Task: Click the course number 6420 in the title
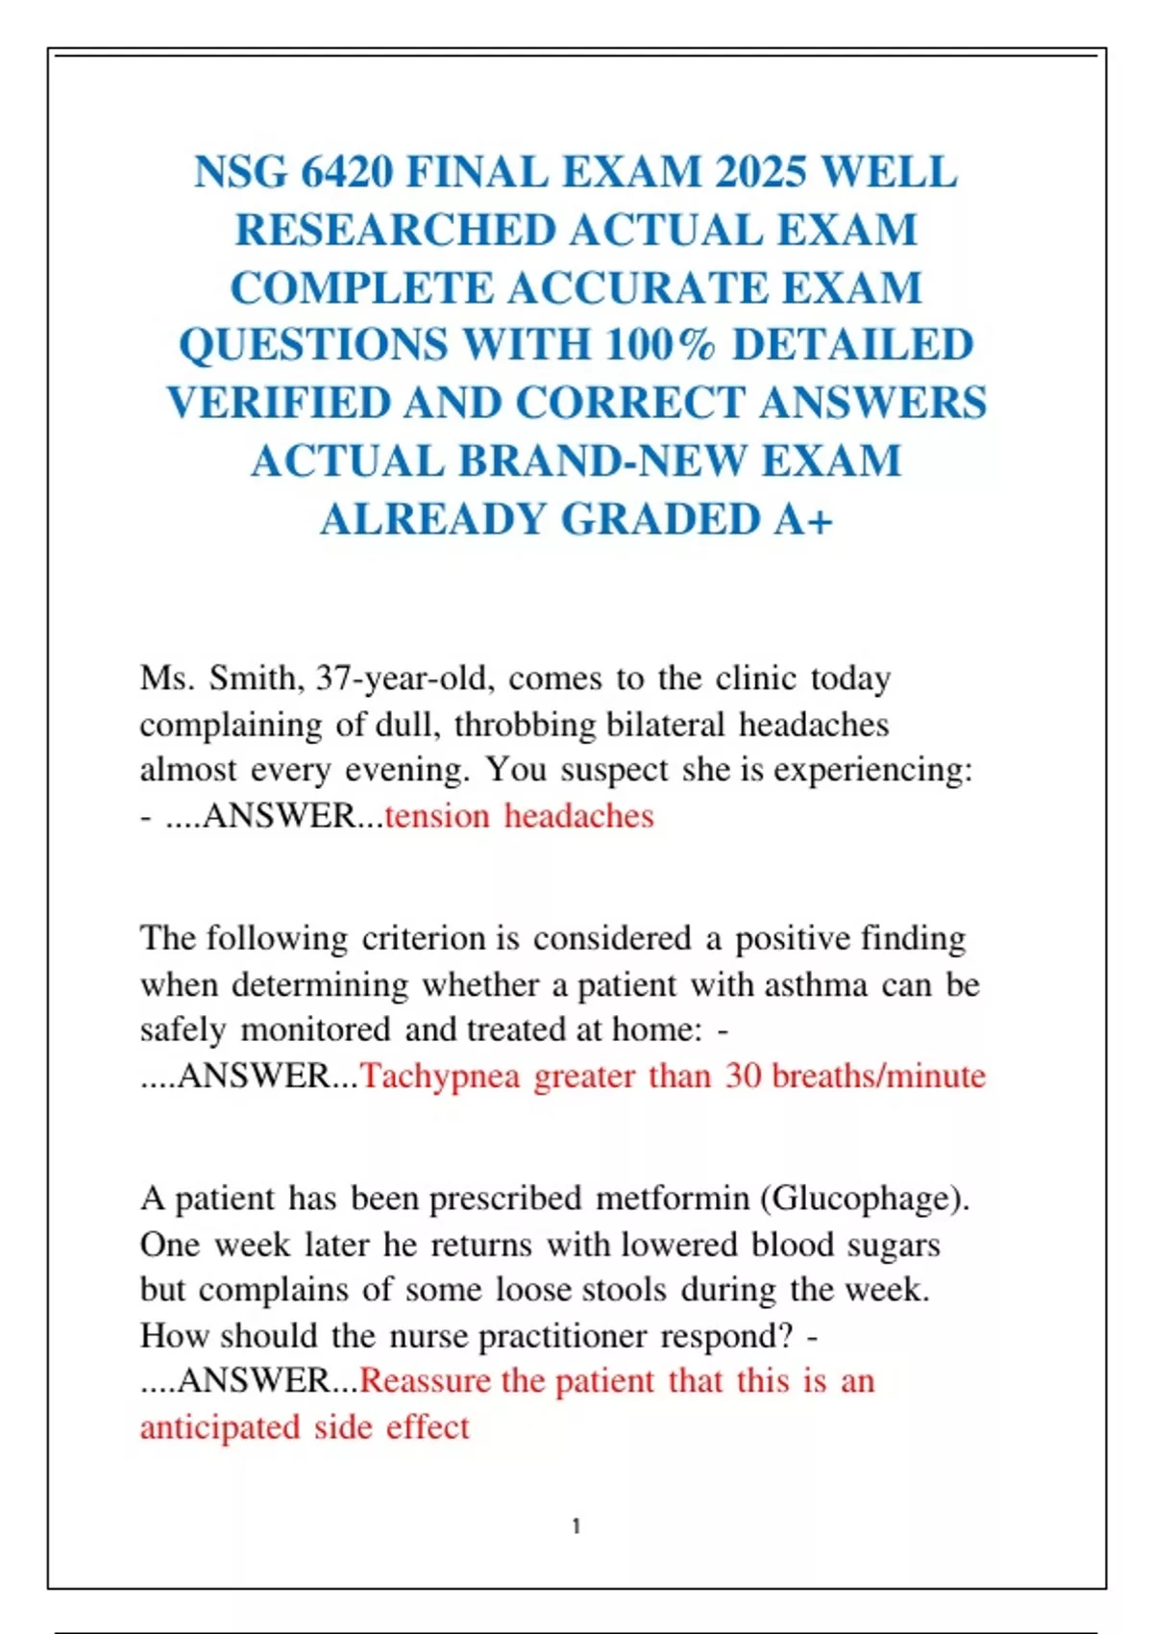pos(347,173)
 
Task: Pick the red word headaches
pos(578,816)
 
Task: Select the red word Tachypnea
pos(440,1077)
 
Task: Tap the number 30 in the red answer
pos(744,1076)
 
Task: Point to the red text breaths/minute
pos(879,1076)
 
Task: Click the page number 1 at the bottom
pos(576,1526)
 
